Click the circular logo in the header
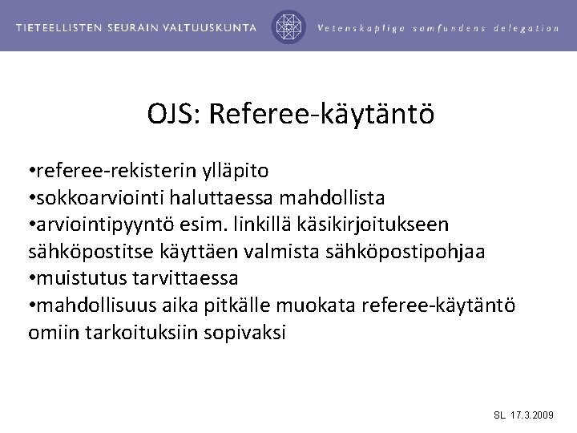[x=288, y=26]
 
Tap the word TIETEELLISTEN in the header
[x=62, y=27]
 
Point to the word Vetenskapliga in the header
[x=359, y=27]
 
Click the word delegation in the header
[x=527, y=27]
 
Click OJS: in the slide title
[x=171, y=114]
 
